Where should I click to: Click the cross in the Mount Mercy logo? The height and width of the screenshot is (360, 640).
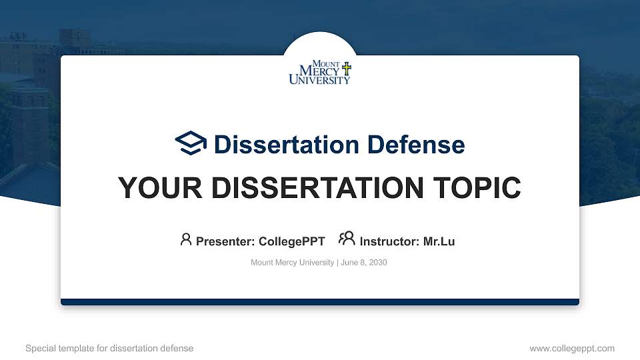346,69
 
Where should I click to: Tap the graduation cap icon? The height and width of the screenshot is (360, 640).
191,143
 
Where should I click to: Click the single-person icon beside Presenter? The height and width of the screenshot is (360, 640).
186,239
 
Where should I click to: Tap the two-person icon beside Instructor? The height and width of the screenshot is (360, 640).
347,239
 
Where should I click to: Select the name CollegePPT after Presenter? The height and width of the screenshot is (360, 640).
291,241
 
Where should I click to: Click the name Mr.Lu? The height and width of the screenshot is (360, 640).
439,241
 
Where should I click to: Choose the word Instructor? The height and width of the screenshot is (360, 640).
389,241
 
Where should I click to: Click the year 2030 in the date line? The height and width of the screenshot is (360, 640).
377,263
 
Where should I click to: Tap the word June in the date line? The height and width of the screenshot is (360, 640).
350,263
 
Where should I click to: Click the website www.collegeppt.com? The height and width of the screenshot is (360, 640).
572,348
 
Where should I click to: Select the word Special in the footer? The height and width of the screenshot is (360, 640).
39,348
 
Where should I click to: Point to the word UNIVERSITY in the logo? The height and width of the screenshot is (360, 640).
319,80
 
